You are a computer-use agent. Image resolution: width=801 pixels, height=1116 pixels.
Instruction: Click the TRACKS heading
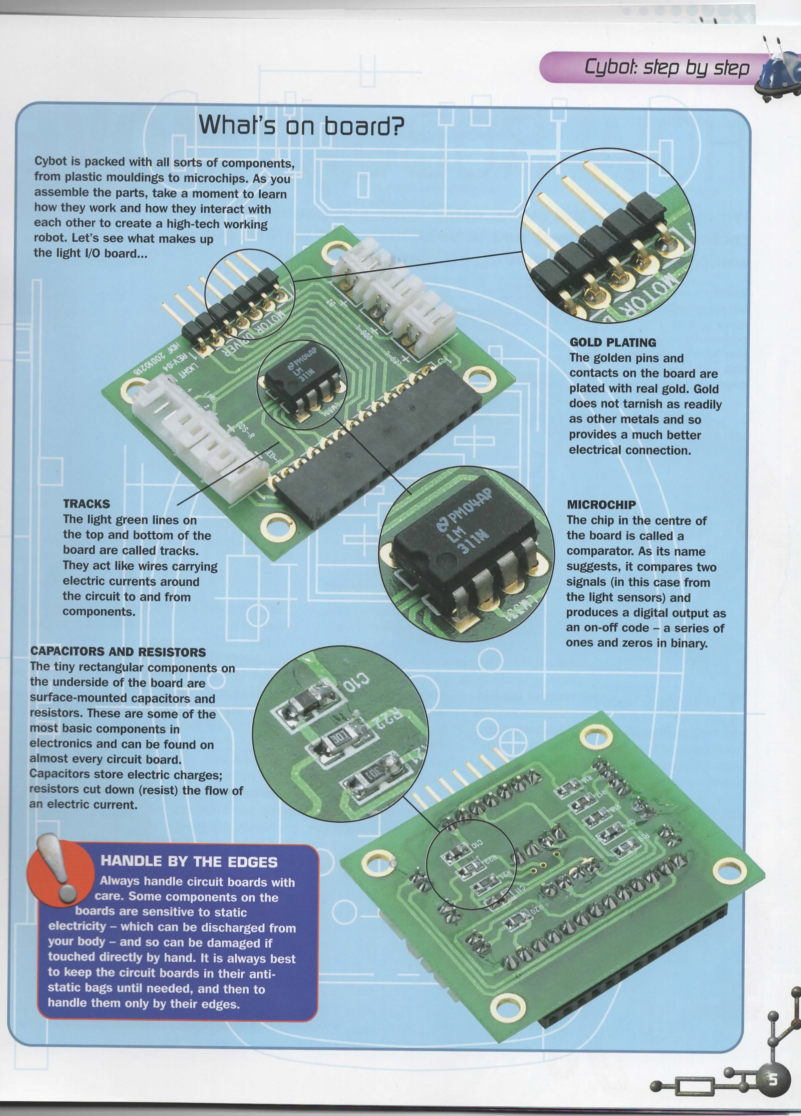click(x=86, y=504)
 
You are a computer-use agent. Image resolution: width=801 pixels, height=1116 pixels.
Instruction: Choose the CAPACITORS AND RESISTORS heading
click(x=118, y=651)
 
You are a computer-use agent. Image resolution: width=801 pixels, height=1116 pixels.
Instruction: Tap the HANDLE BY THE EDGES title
click(x=189, y=862)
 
